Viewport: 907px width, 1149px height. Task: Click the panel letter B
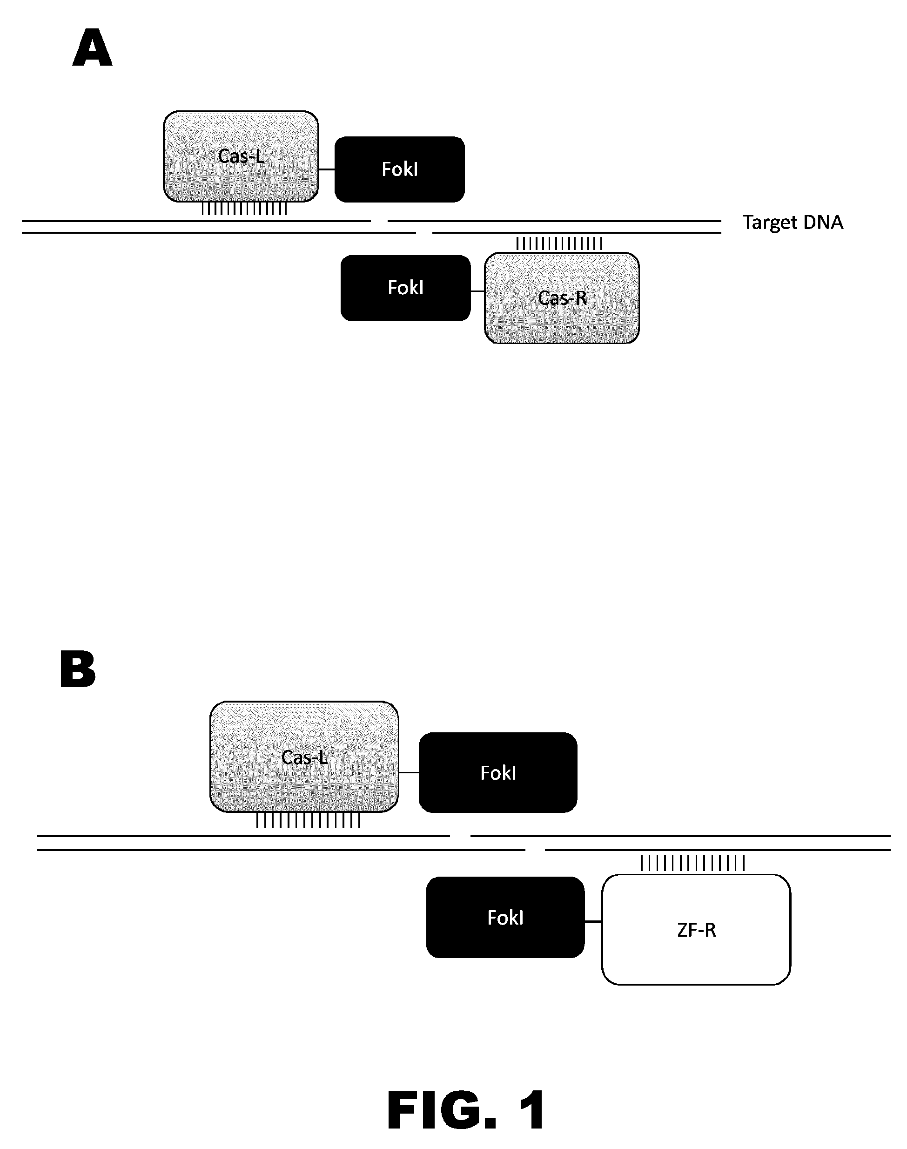point(78,670)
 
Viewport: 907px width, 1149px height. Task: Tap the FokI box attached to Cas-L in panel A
point(399,169)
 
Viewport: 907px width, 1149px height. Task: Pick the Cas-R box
point(562,298)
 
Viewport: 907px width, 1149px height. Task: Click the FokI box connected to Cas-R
point(406,288)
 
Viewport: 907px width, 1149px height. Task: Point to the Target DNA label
point(793,223)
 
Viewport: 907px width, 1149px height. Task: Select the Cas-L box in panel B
point(304,757)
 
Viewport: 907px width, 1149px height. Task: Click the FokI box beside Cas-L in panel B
point(498,772)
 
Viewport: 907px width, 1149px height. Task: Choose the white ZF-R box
point(696,930)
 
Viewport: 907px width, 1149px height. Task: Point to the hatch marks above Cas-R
point(559,244)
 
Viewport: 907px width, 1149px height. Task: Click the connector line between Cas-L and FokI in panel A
point(327,169)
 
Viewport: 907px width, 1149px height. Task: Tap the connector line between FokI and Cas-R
point(477,291)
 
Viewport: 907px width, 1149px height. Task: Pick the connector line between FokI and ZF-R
point(593,922)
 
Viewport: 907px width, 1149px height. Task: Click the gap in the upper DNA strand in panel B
point(460,836)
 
